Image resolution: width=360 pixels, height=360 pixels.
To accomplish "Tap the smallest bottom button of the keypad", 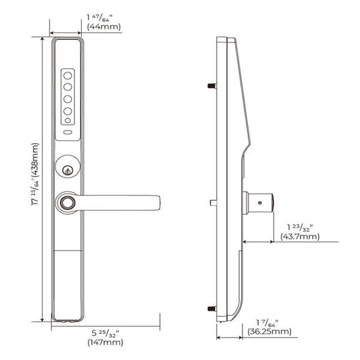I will click(68, 121).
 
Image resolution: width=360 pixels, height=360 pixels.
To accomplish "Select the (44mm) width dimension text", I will click(103, 26).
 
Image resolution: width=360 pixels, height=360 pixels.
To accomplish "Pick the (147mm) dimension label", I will click(103, 343).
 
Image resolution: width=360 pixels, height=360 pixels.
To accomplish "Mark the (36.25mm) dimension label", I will click(268, 332).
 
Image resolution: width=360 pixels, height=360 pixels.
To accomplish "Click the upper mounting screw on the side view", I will click(211, 87).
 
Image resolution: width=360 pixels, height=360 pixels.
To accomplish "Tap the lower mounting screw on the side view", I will click(211, 309).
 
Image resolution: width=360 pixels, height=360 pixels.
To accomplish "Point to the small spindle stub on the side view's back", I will click(213, 201).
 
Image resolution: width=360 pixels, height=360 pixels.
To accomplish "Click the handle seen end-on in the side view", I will click(260, 201).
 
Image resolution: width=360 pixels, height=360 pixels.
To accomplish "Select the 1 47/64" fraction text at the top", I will click(103, 15).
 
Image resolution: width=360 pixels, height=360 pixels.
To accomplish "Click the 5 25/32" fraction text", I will click(103, 332).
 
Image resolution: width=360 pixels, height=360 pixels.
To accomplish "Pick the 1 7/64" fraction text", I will click(268, 321).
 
